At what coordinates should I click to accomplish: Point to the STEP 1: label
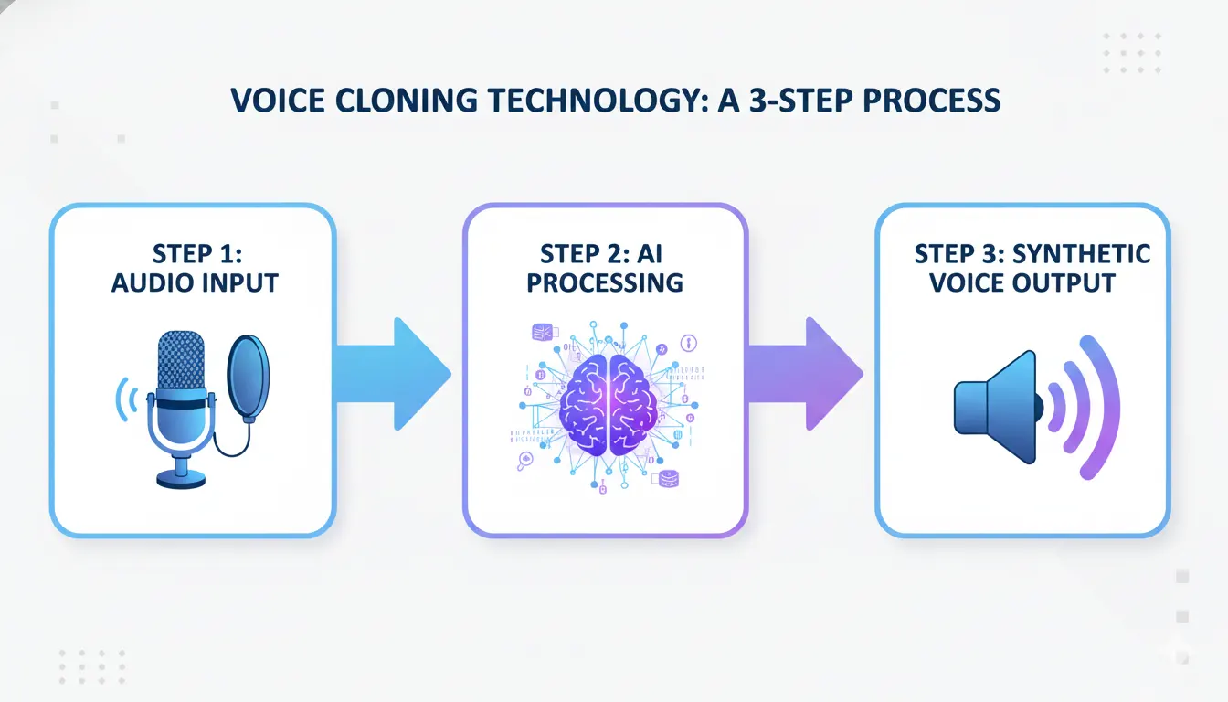click(194, 253)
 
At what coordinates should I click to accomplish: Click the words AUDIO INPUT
click(194, 282)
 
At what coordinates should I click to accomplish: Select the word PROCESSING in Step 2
click(605, 282)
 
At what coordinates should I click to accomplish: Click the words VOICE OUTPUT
click(1022, 282)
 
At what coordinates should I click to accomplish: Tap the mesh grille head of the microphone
click(181, 361)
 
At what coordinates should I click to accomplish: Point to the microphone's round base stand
click(181, 477)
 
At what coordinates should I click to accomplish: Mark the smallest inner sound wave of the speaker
click(1058, 406)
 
